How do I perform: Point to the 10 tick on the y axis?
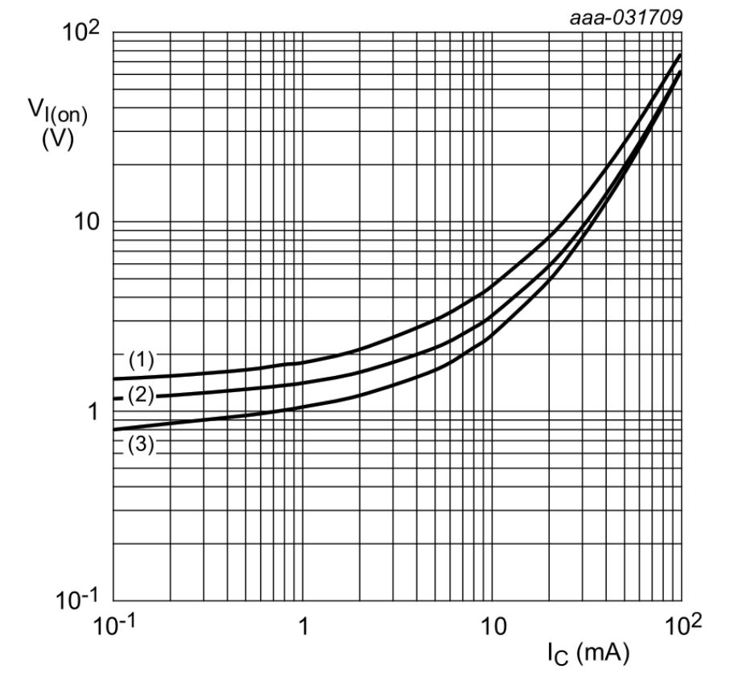pyautogui.click(x=83, y=223)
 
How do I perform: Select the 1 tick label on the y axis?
pyautogui.click(x=92, y=411)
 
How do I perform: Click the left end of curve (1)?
pyautogui.click(x=114, y=378)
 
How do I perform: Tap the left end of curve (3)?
pyautogui.click(x=114, y=430)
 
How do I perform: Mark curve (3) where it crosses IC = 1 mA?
pyautogui.click(x=303, y=407)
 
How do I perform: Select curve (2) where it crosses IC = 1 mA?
pyautogui.click(x=303, y=384)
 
